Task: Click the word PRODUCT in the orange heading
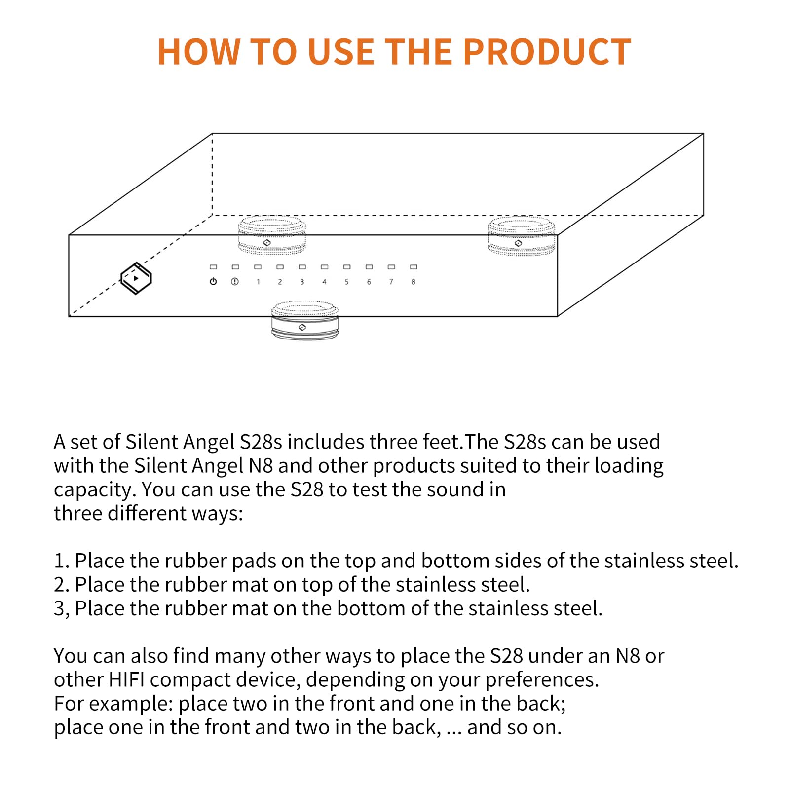click(x=547, y=51)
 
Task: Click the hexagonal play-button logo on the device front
click(x=136, y=278)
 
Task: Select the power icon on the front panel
click(x=213, y=282)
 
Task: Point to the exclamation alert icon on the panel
click(x=235, y=282)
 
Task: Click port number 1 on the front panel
click(x=258, y=282)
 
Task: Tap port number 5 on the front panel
click(x=346, y=282)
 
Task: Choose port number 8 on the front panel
click(x=414, y=282)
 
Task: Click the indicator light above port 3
click(x=302, y=267)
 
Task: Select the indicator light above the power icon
click(x=213, y=267)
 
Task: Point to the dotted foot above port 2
click(x=272, y=235)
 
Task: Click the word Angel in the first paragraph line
click(x=209, y=443)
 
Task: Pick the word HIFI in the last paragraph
click(x=127, y=680)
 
